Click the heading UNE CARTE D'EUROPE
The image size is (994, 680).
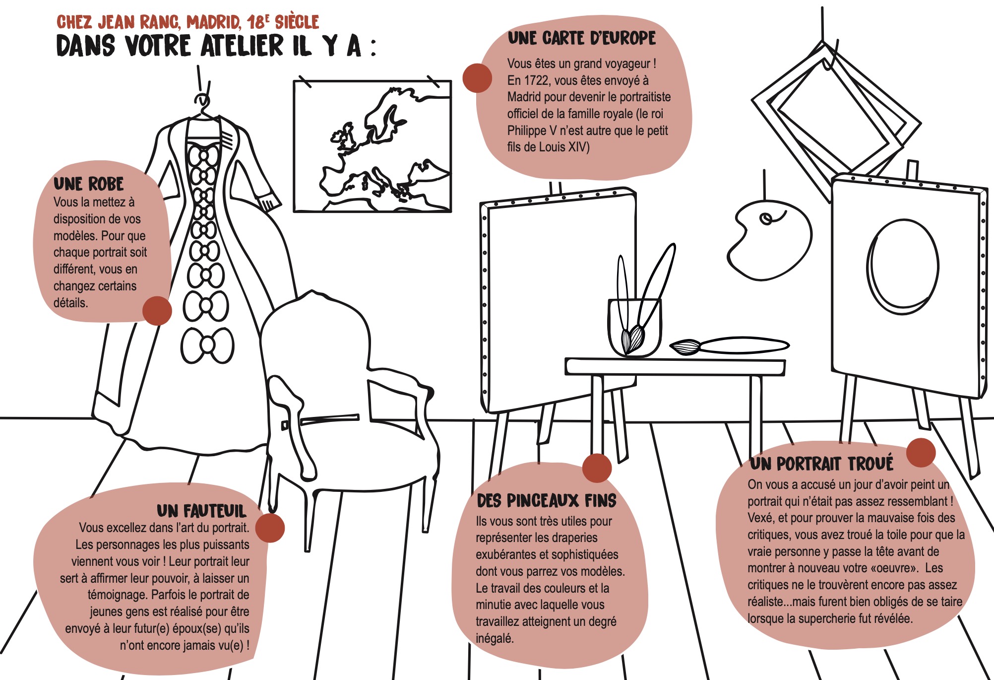(x=581, y=38)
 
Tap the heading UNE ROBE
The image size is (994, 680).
(x=88, y=184)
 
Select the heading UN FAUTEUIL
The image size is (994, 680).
(x=201, y=511)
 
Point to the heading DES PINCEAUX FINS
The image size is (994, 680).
(x=546, y=500)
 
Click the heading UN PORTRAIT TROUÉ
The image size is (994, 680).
(x=821, y=463)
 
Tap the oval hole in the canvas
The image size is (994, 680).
(x=903, y=267)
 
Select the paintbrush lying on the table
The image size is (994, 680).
(x=729, y=345)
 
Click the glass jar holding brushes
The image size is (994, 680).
(x=635, y=328)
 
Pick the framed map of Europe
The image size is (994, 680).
(x=373, y=146)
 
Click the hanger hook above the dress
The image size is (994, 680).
(x=202, y=99)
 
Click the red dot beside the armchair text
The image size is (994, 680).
(x=270, y=528)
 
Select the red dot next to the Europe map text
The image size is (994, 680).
(x=477, y=78)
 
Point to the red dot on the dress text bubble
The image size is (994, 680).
(x=157, y=311)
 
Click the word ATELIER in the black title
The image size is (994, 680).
(x=243, y=46)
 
